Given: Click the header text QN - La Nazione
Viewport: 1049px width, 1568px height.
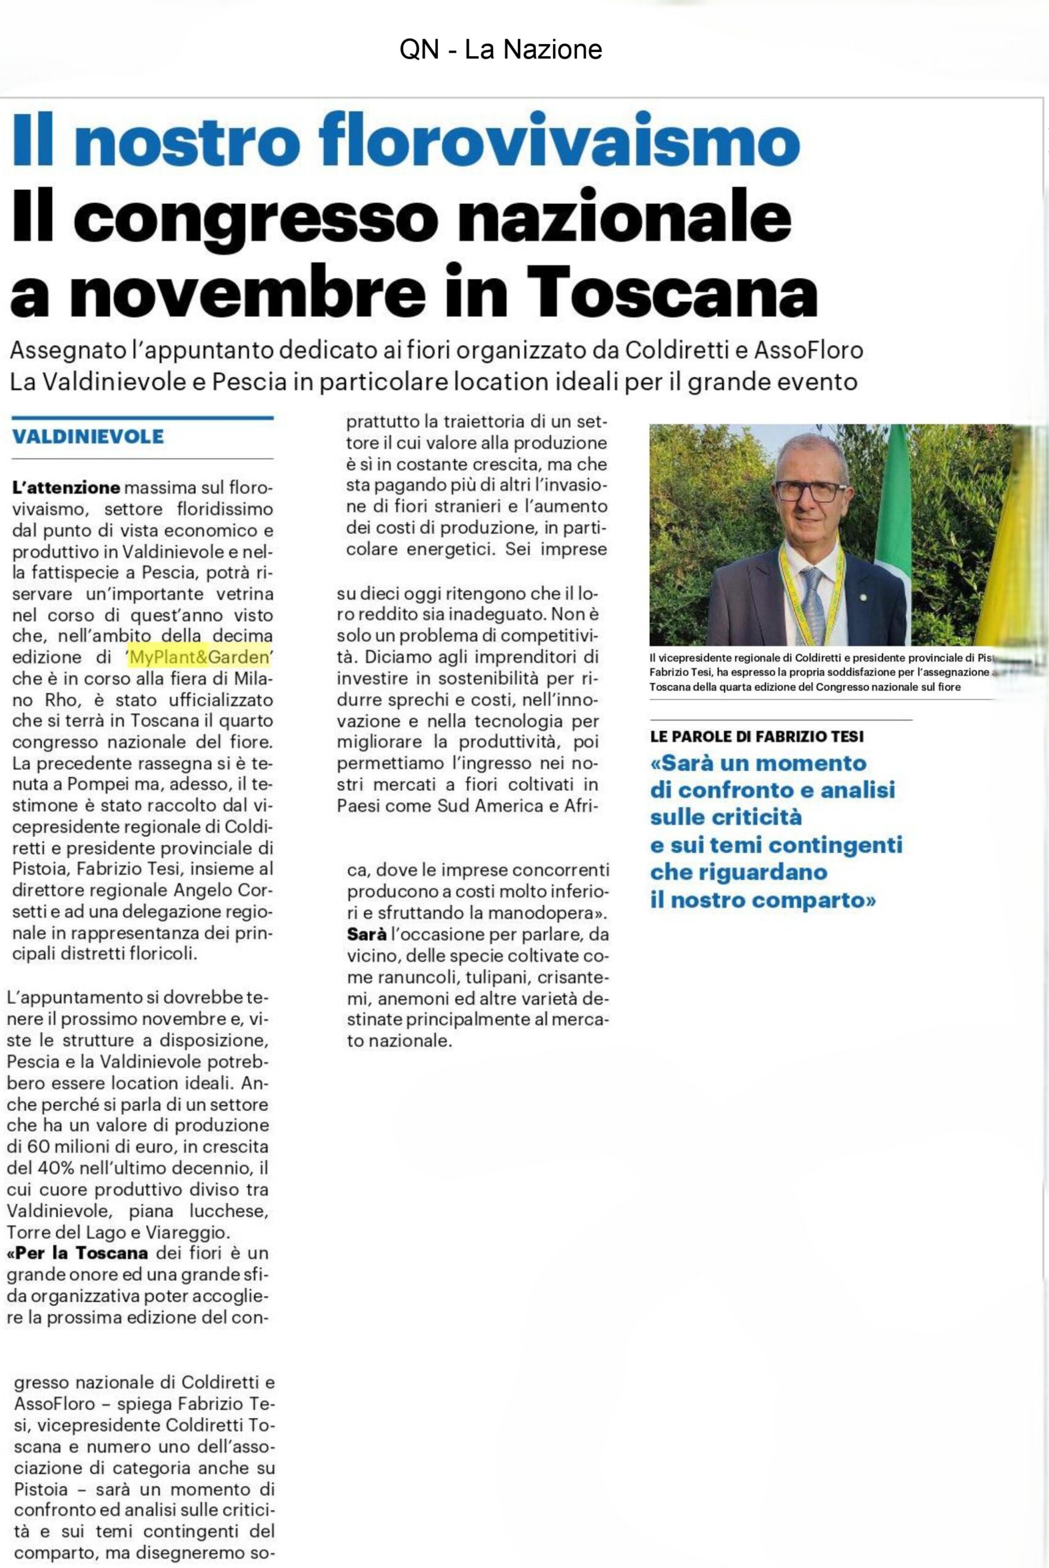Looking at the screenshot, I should pos(500,50).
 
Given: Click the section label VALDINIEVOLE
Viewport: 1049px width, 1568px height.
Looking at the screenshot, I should pos(88,437).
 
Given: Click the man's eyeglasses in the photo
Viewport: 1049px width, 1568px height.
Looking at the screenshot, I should pos(811,491).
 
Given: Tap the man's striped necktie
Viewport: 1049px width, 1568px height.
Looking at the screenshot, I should pos(812,605).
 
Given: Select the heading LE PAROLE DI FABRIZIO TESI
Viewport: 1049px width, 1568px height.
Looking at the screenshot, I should pos(757,736).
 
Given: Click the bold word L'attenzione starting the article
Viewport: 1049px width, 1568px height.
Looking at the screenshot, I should pos(66,488).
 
